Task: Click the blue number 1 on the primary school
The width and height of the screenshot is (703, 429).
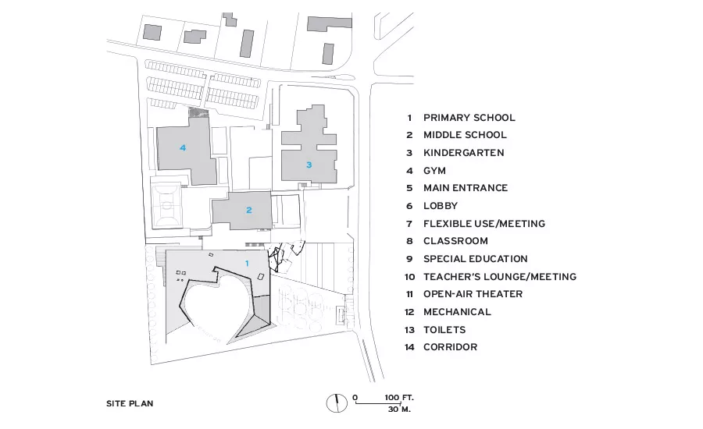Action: (x=247, y=264)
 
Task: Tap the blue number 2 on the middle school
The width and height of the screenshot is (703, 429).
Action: (x=249, y=210)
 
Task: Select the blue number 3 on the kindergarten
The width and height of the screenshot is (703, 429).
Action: (x=309, y=165)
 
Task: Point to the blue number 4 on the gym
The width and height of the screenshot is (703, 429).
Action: (x=183, y=147)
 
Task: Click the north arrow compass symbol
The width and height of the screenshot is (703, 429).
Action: (x=337, y=402)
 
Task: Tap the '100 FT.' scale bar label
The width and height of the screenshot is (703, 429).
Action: (x=399, y=398)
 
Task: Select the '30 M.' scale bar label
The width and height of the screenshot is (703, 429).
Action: (x=399, y=409)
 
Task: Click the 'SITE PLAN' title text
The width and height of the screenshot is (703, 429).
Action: (x=130, y=403)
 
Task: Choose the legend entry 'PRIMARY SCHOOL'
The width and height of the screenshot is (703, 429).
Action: (x=469, y=118)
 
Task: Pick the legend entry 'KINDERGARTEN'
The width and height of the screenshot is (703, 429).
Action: (x=463, y=153)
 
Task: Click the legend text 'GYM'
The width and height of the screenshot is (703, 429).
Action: (x=434, y=171)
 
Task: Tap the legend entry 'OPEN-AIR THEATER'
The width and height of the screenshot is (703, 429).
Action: (x=473, y=294)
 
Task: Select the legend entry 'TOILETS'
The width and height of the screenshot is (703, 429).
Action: (x=444, y=330)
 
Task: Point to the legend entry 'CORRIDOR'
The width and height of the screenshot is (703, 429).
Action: (x=450, y=347)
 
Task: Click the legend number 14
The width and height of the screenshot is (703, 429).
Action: (x=409, y=347)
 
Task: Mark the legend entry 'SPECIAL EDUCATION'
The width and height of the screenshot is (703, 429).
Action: (x=475, y=259)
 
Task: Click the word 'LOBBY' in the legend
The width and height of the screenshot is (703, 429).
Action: (x=441, y=206)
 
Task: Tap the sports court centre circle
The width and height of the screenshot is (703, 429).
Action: (x=166, y=206)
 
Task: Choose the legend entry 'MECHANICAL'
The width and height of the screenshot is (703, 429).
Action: (x=457, y=312)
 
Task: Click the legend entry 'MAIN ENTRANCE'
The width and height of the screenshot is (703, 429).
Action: (x=466, y=188)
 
